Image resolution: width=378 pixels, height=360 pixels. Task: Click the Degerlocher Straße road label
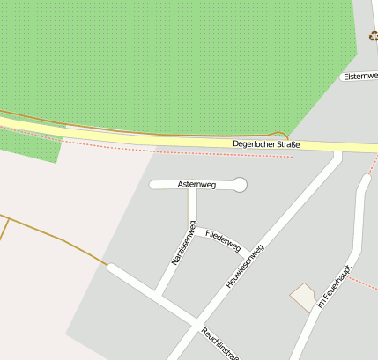(x=266, y=144)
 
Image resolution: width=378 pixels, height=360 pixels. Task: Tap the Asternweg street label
(x=196, y=185)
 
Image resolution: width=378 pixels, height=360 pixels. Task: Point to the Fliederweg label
(x=223, y=240)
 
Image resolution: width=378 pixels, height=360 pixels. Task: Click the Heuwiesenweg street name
(x=245, y=265)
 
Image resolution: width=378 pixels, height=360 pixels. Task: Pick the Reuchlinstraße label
(x=220, y=344)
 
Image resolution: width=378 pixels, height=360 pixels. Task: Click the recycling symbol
(x=374, y=36)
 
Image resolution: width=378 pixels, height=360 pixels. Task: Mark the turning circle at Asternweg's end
(x=240, y=185)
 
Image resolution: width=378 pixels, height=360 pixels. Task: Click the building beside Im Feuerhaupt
(x=304, y=297)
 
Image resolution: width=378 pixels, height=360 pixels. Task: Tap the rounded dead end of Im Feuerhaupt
(x=366, y=180)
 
